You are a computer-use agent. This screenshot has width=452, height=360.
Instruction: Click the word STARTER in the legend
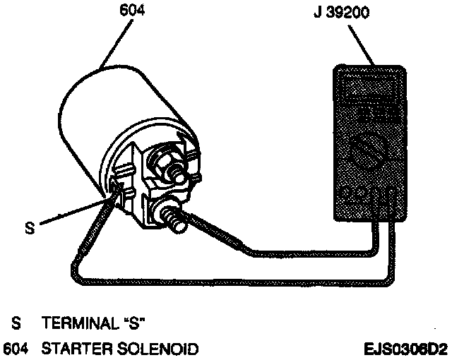77,348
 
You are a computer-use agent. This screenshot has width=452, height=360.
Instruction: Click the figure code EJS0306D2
405,348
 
